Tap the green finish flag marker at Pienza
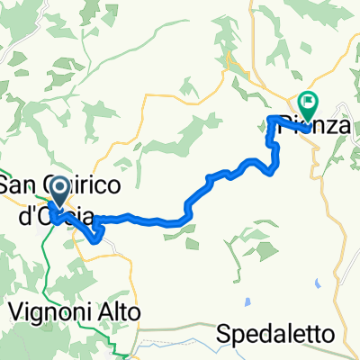coord(309,104)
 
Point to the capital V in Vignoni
coord(15,310)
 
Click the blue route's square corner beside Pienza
coord(270,118)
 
